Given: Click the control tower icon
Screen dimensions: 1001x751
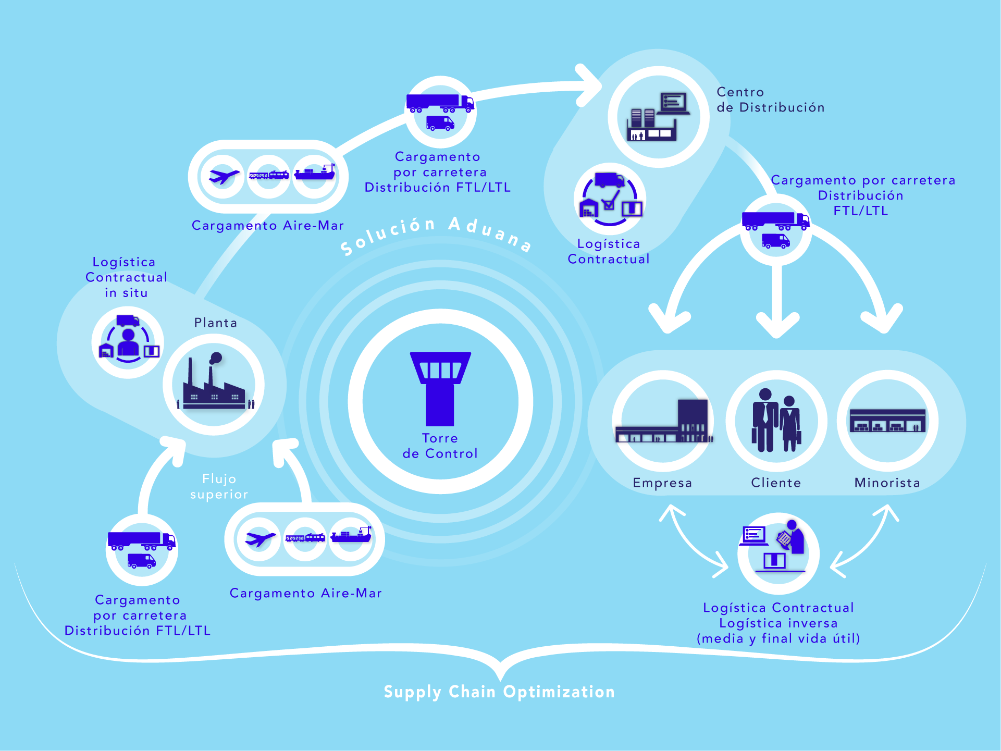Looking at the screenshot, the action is click(x=440, y=389).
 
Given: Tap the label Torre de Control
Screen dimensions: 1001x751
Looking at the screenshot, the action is click(x=440, y=446).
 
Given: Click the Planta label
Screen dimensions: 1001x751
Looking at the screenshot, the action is click(x=216, y=323).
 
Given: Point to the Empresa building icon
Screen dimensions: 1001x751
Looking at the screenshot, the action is click(x=663, y=421).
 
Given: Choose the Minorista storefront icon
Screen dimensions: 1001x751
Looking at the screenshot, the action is click(x=887, y=421).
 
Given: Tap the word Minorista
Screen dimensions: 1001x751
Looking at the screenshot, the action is click(x=887, y=483).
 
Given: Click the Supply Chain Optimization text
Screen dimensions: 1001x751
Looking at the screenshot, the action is click(x=499, y=692).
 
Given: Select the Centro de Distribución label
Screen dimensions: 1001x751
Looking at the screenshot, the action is click(x=771, y=100).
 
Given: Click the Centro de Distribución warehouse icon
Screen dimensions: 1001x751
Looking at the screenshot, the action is click(x=659, y=117).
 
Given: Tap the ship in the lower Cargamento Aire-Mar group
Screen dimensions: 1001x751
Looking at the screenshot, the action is click(x=351, y=535).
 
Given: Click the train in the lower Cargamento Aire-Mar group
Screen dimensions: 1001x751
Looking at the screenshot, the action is click(x=305, y=537).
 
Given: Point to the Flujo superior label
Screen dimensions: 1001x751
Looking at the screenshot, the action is click(x=219, y=486).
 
